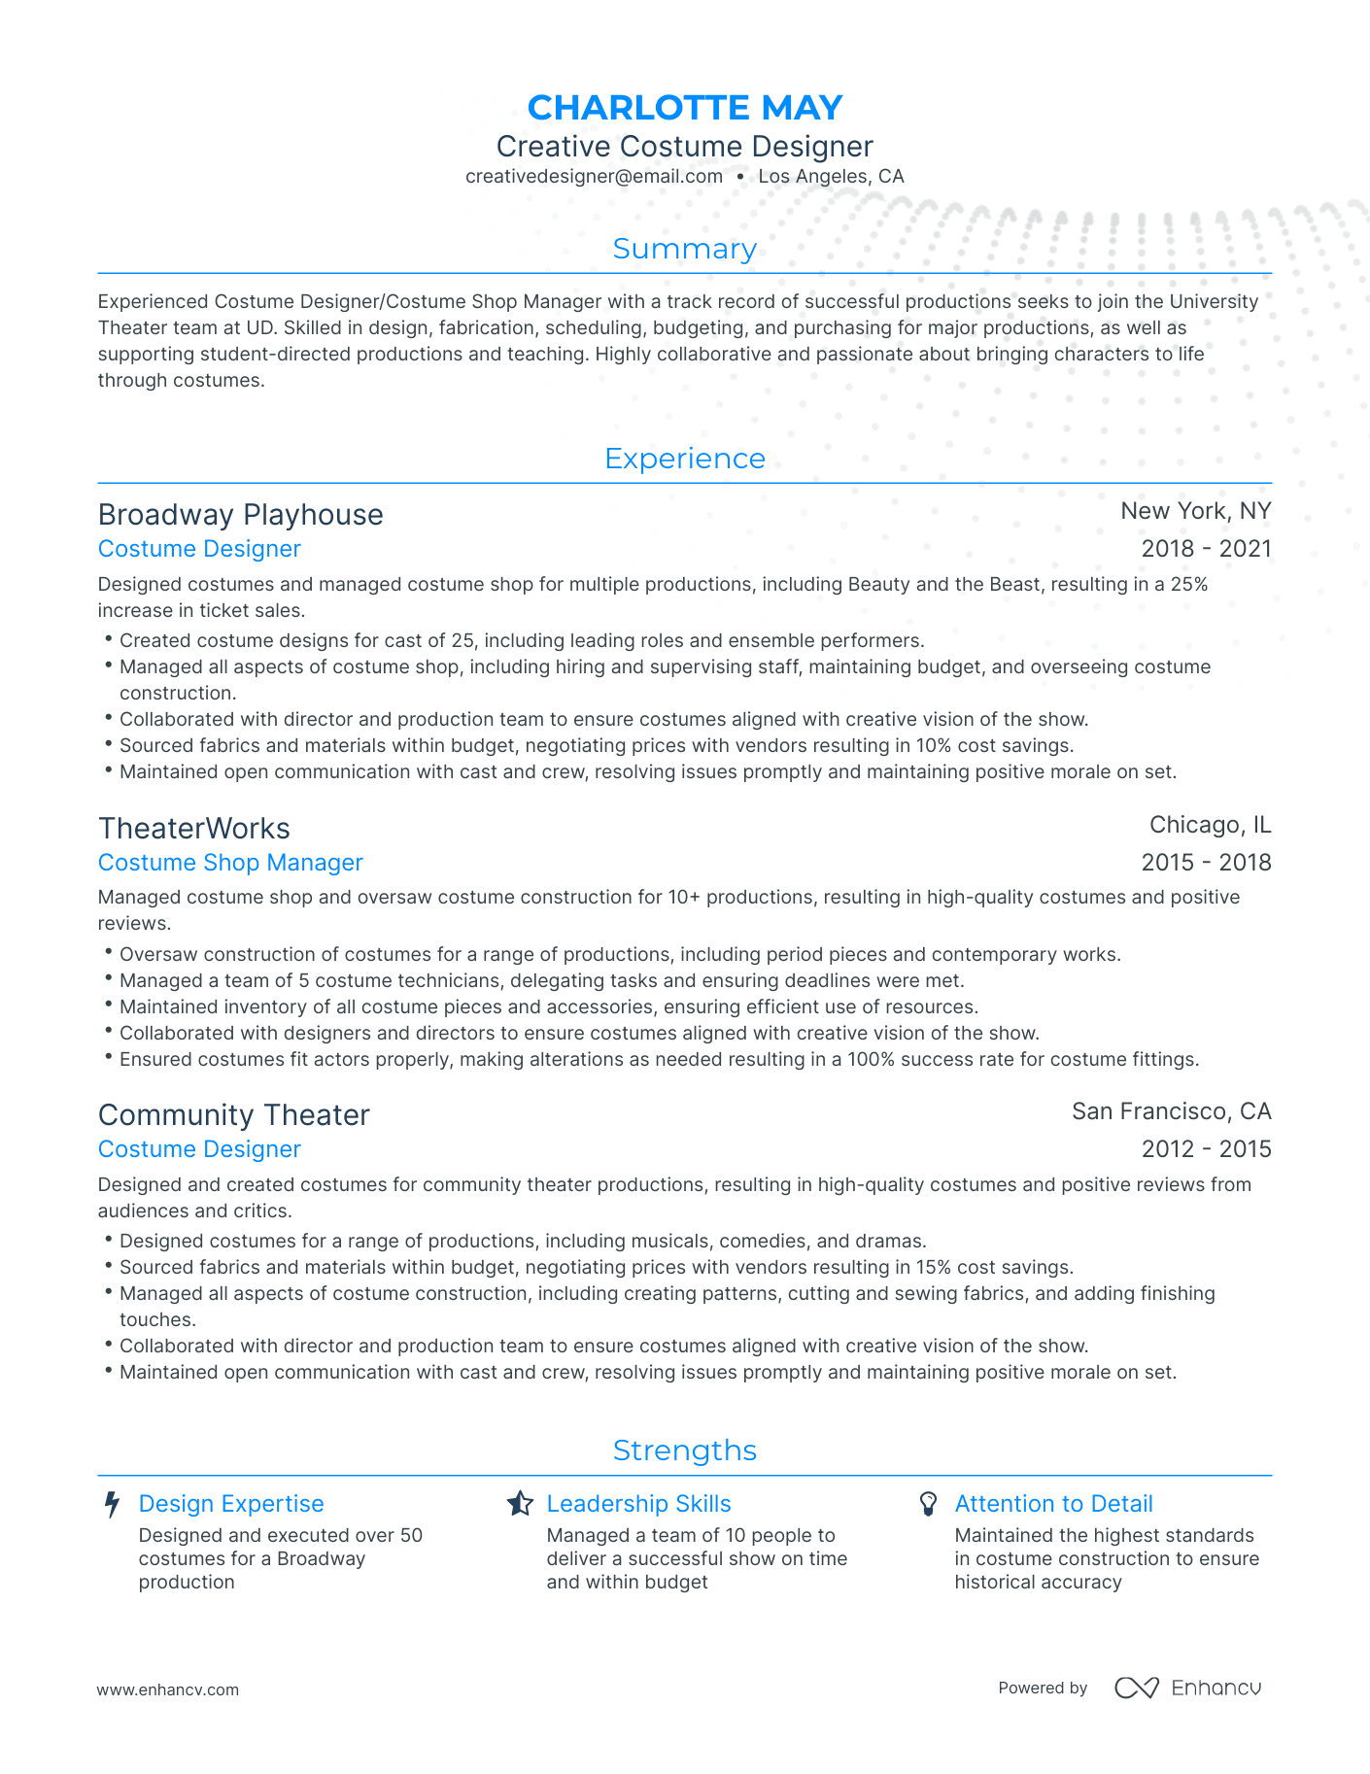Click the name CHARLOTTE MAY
(684, 107)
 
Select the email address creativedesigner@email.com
(594, 177)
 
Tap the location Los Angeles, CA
(831, 177)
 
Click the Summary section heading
(684, 249)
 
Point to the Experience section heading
(684, 459)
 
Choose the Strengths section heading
(684, 1450)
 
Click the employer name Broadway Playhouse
(240, 515)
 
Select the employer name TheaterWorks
(193, 829)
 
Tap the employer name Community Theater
(233, 1115)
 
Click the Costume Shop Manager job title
(230, 863)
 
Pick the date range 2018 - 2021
(1206, 549)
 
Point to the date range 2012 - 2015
(1206, 1149)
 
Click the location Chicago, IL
(1210, 825)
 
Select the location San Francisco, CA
(1171, 1111)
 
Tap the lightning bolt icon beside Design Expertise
(113, 1505)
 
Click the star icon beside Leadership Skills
(520, 1504)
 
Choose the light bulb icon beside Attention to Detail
(928, 1504)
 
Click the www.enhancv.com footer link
(167, 1689)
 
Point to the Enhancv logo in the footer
(1187, 1688)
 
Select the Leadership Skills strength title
(638, 1504)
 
